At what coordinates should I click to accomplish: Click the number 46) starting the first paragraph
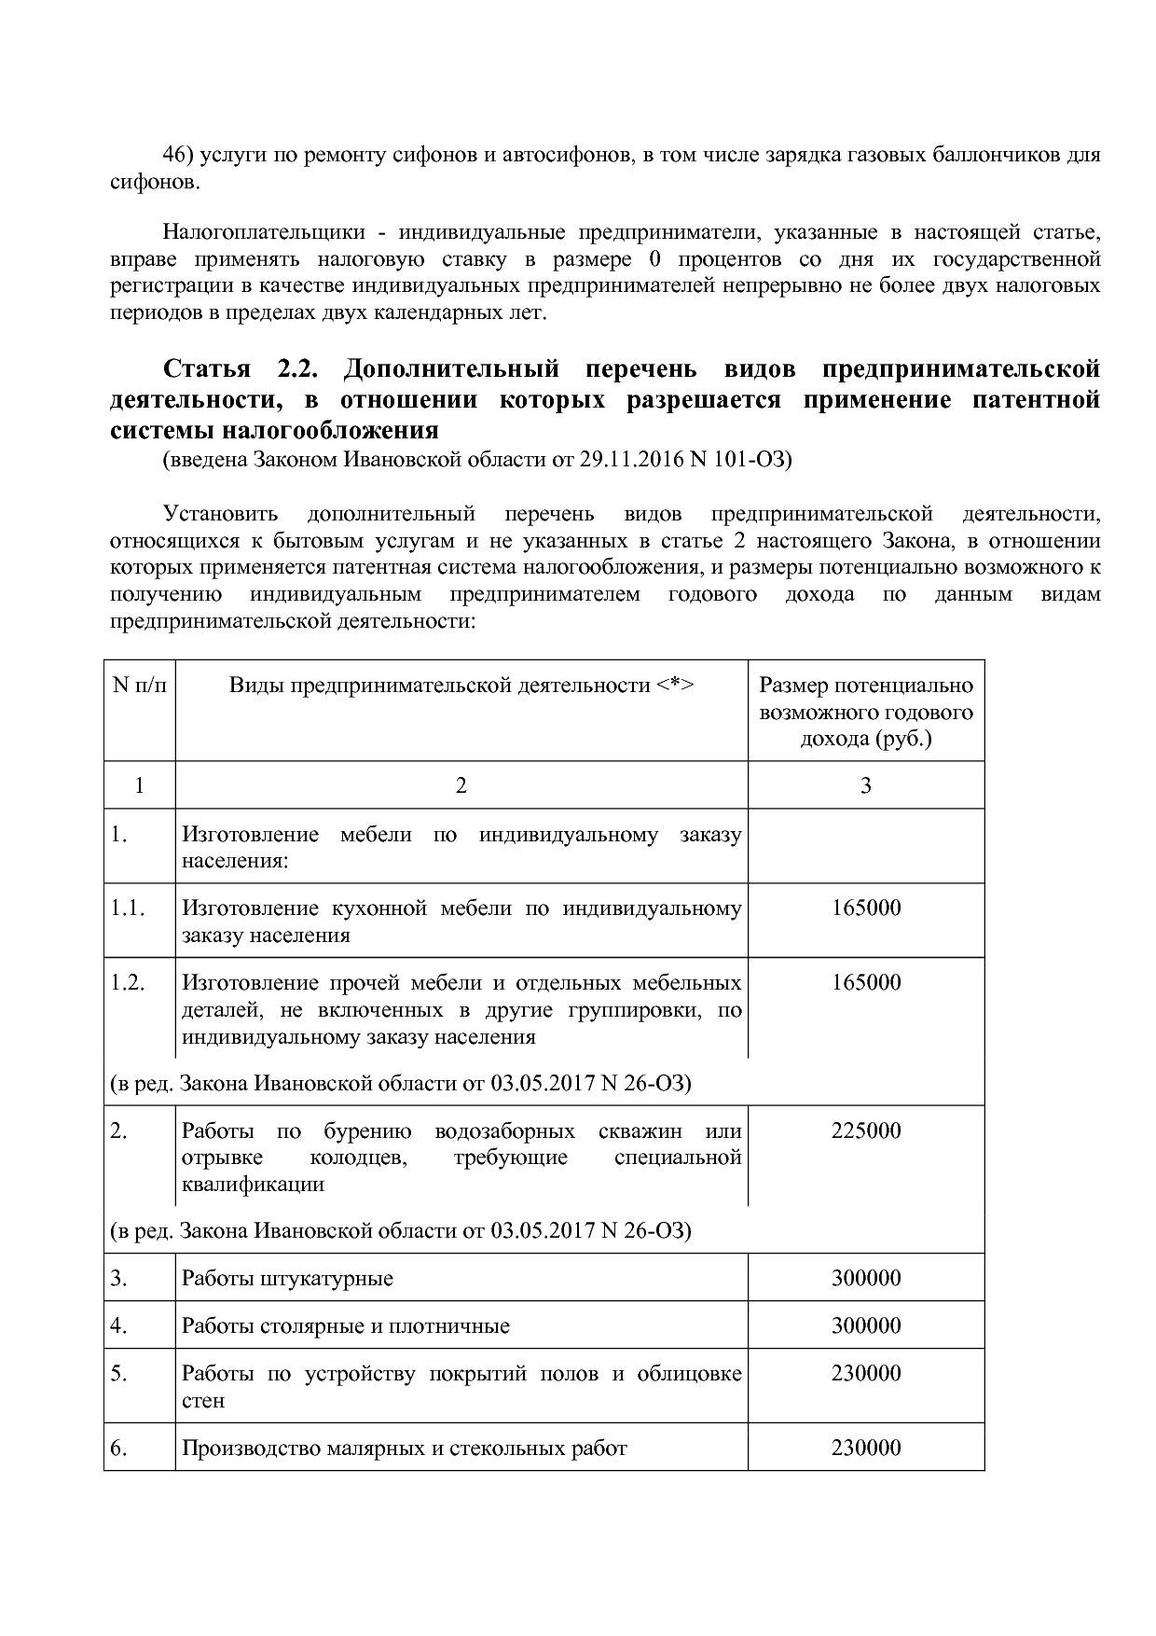[x=181, y=155]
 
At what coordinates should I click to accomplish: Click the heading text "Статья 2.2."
[x=241, y=369]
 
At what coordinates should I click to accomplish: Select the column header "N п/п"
[x=139, y=686]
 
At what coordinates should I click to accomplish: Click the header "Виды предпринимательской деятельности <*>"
[x=461, y=686]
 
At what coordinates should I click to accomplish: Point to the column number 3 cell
[x=865, y=785]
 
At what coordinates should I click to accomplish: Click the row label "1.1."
[x=127, y=908]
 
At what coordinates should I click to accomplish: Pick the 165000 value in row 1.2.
[x=865, y=982]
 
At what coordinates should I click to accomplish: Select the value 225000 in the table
[x=865, y=1130]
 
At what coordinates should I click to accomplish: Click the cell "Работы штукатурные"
[x=287, y=1278]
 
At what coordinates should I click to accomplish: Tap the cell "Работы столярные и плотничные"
[x=345, y=1325]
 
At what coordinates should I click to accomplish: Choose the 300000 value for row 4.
[x=865, y=1325]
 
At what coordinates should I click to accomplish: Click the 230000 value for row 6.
[x=865, y=1448]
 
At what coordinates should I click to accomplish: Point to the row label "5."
[x=118, y=1373]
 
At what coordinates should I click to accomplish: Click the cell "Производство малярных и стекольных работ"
[x=404, y=1448]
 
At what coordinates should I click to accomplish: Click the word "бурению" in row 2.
[x=367, y=1130]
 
